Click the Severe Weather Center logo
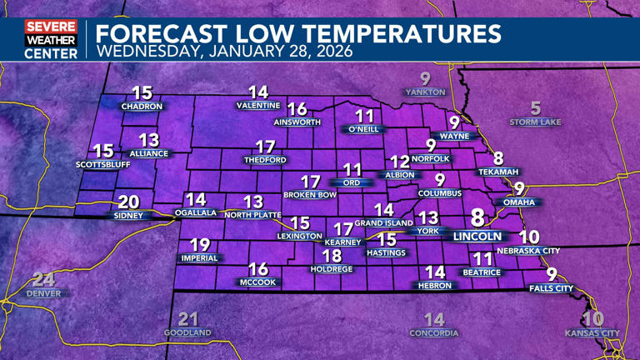51,39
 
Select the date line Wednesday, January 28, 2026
224,52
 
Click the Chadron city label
142,107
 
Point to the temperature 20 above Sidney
128,202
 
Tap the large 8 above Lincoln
477,218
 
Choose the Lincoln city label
477,237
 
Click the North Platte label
252,215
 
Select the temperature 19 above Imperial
200,245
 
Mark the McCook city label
258,282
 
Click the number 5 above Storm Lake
536,108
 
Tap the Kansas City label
592,333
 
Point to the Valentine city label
258,106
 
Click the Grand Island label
384,223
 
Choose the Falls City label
552,288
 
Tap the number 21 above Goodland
189,319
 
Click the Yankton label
426,92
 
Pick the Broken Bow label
310,195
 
